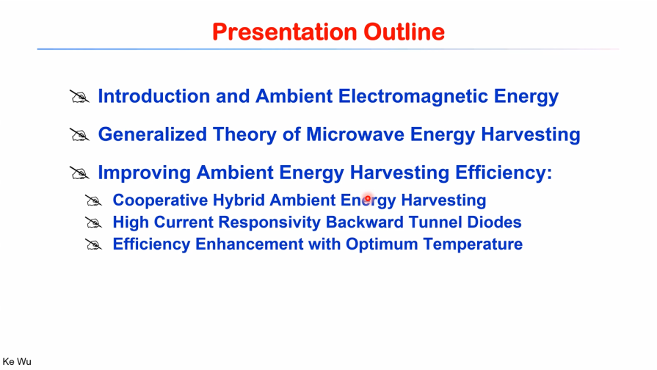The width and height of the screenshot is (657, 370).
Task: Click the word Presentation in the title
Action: click(x=285, y=32)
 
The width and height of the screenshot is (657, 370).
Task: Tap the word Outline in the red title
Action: click(x=404, y=32)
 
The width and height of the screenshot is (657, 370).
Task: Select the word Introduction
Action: click(x=153, y=96)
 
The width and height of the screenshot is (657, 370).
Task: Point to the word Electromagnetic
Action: click(x=413, y=96)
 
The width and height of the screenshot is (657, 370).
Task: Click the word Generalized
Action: click(x=153, y=134)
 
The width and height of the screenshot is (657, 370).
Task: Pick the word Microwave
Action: click(x=355, y=134)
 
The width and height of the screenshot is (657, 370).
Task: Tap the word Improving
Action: click(x=144, y=173)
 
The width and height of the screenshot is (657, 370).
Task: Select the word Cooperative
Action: click(x=160, y=200)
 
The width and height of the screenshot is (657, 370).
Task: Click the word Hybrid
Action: click(x=239, y=200)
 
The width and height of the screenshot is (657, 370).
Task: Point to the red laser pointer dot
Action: click(x=368, y=198)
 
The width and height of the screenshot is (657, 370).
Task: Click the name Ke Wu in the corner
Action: click(x=17, y=362)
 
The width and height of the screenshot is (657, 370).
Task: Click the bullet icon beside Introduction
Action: click(x=79, y=97)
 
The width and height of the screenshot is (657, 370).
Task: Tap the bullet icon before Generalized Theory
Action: click(x=79, y=135)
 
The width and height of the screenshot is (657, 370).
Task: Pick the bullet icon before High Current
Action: click(x=93, y=222)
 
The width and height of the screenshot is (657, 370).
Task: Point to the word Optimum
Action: click(x=382, y=244)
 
